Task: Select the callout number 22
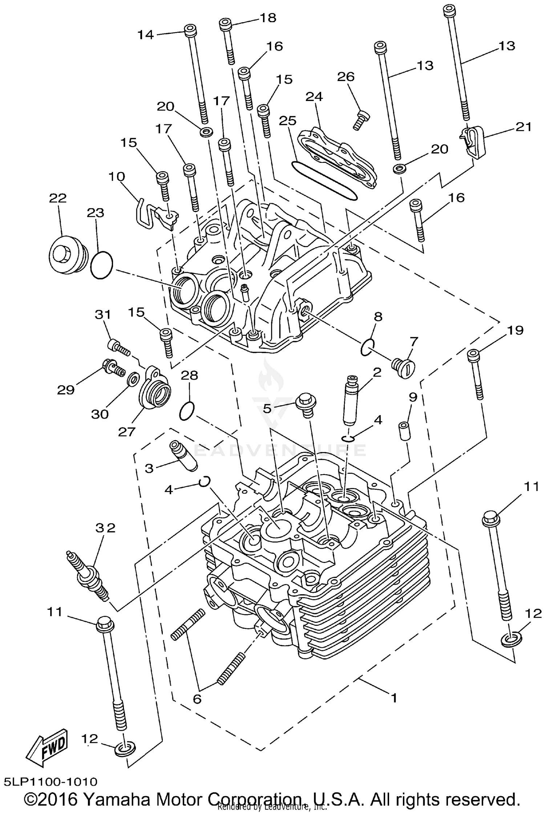click(58, 198)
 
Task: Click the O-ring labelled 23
click(101, 265)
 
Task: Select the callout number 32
click(105, 527)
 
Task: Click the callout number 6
click(197, 699)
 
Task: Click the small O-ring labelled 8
click(367, 347)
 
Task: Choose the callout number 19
click(514, 330)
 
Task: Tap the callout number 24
click(314, 97)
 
